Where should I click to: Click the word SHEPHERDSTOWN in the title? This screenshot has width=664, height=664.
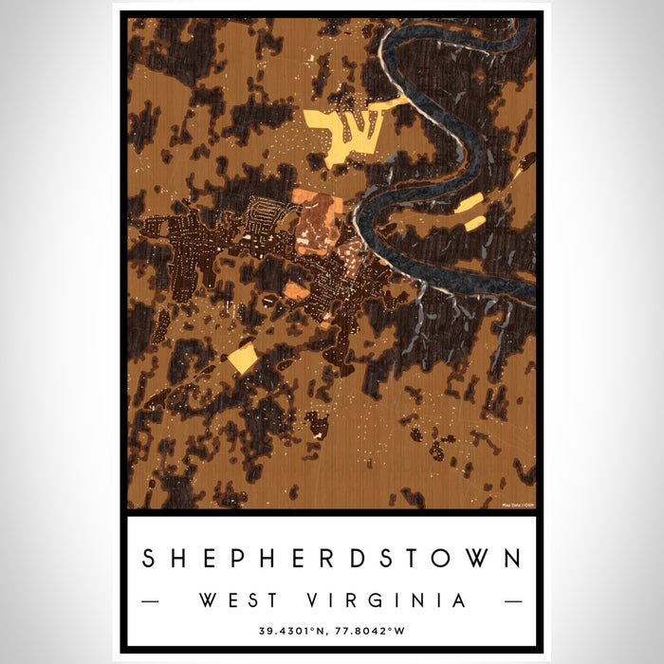tap(332, 559)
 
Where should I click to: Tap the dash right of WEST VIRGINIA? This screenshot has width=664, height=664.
tap(512, 601)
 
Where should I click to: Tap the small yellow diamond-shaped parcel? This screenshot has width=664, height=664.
tap(243, 359)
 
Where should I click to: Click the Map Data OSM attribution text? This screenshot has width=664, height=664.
tap(517, 505)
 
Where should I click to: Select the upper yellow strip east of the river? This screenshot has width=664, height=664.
tap(468, 203)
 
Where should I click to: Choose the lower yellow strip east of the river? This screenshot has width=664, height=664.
tap(475, 223)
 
